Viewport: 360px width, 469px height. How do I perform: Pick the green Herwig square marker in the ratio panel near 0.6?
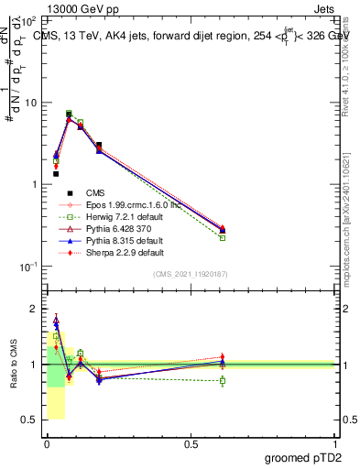223,380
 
